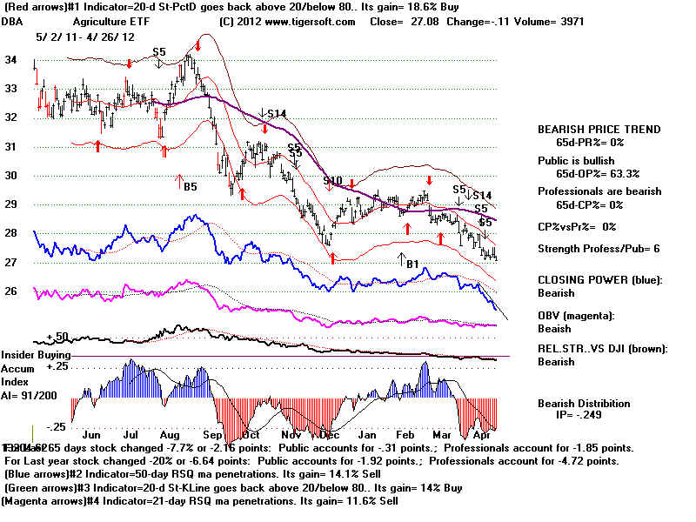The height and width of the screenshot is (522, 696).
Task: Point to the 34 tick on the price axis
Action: [x=12, y=60]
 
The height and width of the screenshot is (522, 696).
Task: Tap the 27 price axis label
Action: [x=12, y=262]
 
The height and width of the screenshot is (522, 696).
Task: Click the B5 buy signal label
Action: [x=189, y=184]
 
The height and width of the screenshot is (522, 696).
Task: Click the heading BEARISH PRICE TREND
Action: [x=599, y=130]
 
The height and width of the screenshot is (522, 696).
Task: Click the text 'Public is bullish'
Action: [x=576, y=161]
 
